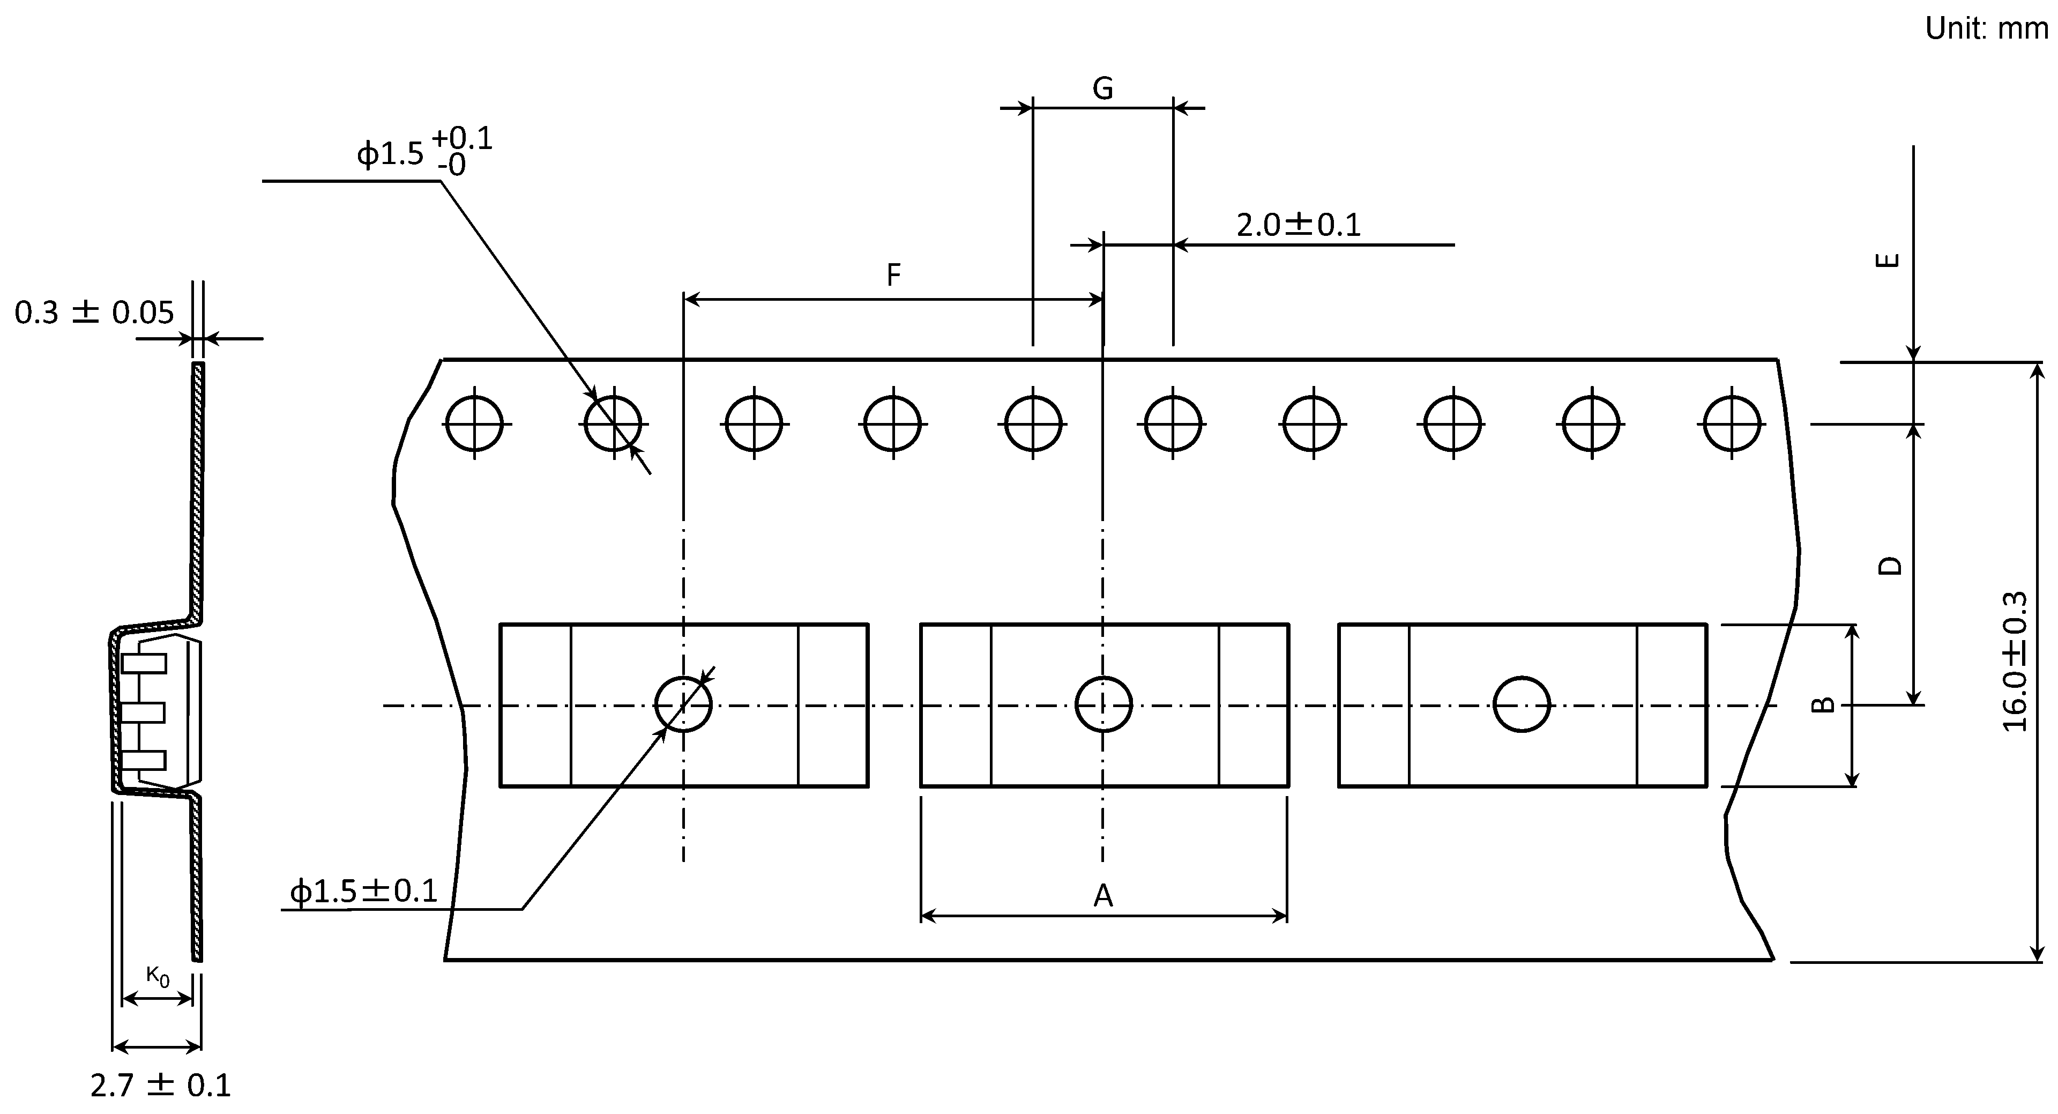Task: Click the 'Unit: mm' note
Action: [1986, 29]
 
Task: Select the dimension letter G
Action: [1102, 88]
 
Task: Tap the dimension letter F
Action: [894, 275]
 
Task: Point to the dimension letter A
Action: [1102, 896]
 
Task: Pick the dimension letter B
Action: [1822, 704]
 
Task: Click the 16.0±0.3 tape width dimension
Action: [2016, 662]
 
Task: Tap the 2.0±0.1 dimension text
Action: [1298, 225]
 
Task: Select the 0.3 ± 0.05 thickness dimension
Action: [94, 313]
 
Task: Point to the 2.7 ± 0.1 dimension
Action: [161, 1085]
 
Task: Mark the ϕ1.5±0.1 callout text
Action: [363, 891]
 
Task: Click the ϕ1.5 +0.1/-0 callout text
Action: [423, 152]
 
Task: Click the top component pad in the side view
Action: [144, 663]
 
